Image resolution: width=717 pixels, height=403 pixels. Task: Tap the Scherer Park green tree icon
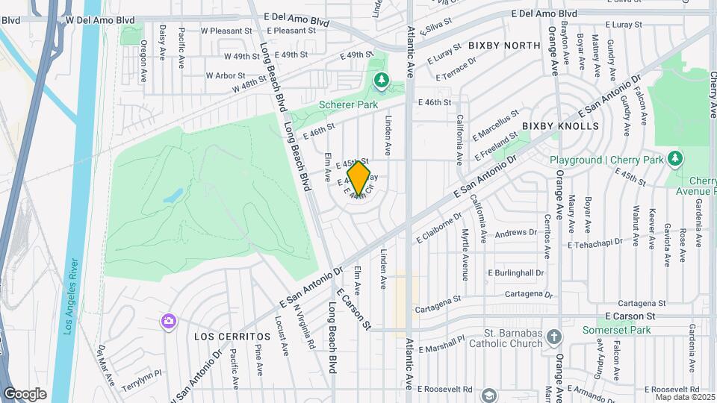382,80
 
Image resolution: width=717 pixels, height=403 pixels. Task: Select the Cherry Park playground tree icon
674,158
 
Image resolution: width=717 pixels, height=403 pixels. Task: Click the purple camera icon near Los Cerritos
169,321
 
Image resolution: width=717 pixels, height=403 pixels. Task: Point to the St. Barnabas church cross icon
554,337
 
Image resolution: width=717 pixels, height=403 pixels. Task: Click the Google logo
25,393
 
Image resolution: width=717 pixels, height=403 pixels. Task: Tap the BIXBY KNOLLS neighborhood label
560,126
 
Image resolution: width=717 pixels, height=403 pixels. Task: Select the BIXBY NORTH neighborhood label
504,46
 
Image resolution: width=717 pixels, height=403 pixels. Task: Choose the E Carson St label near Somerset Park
630,316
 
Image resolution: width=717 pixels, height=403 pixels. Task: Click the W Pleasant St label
227,31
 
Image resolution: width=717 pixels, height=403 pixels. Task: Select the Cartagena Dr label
527,294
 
